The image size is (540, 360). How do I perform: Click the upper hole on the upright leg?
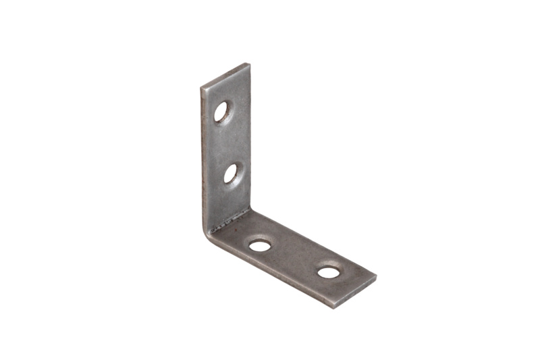point(222,111)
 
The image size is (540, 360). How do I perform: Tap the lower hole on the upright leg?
point(231,174)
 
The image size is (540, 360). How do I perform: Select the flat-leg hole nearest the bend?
point(260,245)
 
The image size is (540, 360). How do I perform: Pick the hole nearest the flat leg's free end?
point(329,272)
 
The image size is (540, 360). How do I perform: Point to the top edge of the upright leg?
point(225,75)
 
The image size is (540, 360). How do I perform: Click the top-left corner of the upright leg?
point(202,88)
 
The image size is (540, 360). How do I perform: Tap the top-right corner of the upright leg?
point(249,64)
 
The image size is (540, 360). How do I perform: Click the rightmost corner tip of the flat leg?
point(375,278)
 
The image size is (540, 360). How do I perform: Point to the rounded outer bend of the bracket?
point(208,233)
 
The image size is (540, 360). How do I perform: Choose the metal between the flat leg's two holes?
point(294,258)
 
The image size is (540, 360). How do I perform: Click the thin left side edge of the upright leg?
point(203,162)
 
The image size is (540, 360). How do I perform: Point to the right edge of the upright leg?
point(250,135)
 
